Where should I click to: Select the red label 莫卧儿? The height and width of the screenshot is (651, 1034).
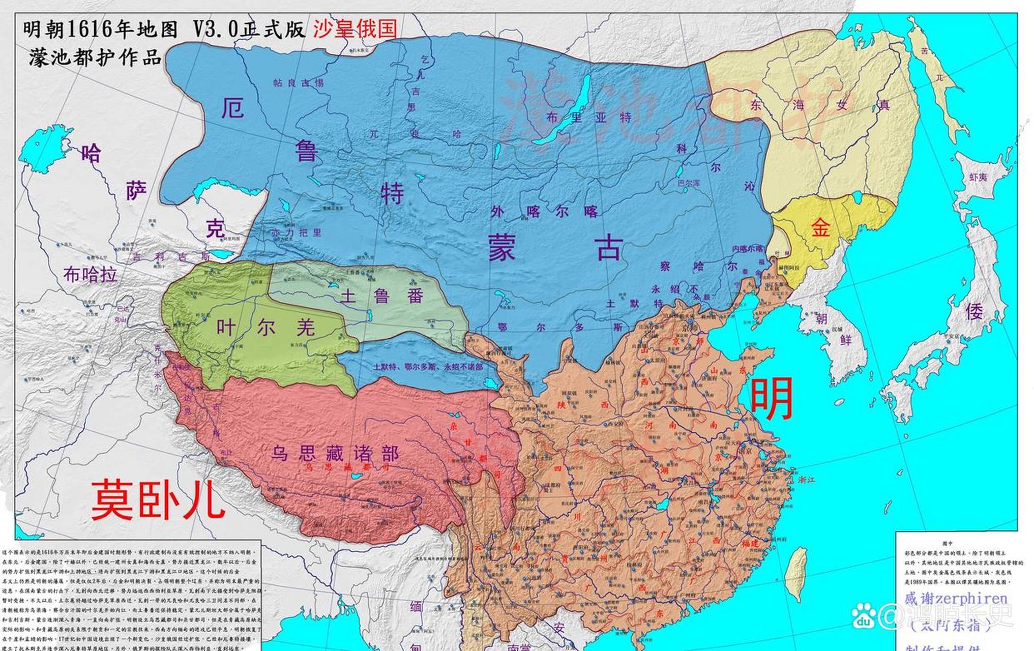158,499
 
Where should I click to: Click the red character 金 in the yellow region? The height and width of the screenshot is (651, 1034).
820,227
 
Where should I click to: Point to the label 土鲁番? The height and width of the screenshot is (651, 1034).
382,295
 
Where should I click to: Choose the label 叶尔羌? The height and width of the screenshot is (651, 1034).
266,328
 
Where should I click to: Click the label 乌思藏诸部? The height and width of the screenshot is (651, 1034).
335,453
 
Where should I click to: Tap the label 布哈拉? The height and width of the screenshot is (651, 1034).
90,275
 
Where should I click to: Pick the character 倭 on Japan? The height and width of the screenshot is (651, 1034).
974,312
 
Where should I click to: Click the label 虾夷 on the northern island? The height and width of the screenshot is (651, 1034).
978,177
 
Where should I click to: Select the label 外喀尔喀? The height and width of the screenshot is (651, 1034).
544,212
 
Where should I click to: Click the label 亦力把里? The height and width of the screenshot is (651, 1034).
297,233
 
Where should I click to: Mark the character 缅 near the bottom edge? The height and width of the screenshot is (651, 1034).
416,606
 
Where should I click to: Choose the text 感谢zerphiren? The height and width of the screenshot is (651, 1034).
956,598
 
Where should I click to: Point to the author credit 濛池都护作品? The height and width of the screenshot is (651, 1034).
95,57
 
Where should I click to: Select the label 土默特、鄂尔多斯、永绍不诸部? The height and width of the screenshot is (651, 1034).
428,367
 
